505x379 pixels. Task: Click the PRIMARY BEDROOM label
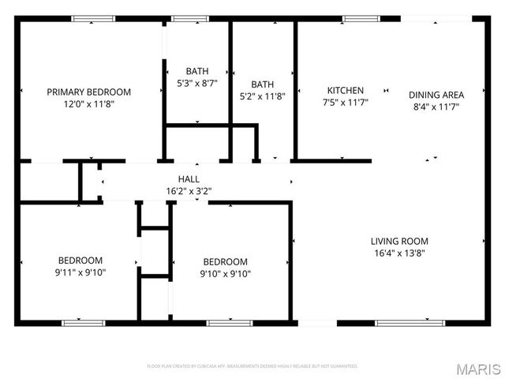click(x=88, y=92)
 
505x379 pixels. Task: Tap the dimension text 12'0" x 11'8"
click(x=88, y=103)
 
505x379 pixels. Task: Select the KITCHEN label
click(x=346, y=90)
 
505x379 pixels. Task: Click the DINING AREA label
click(x=436, y=95)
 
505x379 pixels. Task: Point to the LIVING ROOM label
click(x=399, y=241)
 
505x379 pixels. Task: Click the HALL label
click(x=189, y=179)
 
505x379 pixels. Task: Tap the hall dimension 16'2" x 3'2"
click(x=189, y=190)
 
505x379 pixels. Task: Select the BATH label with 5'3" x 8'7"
click(x=197, y=70)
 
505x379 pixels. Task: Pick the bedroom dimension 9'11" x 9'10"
click(x=80, y=272)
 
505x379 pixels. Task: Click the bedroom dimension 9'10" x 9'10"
click(x=225, y=273)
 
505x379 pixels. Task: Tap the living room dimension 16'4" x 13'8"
click(x=399, y=253)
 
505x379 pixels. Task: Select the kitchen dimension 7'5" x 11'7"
click(x=346, y=102)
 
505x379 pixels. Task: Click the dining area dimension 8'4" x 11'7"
click(x=436, y=106)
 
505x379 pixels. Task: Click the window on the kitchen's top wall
click(x=359, y=19)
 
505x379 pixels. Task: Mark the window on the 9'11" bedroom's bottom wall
click(x=84, y=323)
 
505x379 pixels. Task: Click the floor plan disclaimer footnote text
click(x=252, y=366)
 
